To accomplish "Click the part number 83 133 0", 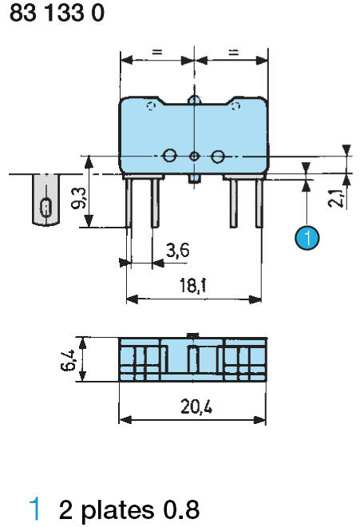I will point(57,14).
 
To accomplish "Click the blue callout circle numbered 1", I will point(307,237).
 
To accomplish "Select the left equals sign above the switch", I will point(156,52).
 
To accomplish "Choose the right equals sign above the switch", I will point(232,52).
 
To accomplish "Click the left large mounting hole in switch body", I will point(169,156).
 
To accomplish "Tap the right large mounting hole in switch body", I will point(216,156).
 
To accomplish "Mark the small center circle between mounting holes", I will point(193,156).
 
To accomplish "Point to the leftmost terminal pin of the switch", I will point(129,203).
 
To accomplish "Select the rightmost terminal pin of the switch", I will point(259,203).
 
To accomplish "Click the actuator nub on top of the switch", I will point(193,99).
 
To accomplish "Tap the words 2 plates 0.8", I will point(129,509).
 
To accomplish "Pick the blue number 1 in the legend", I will point(34,509).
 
